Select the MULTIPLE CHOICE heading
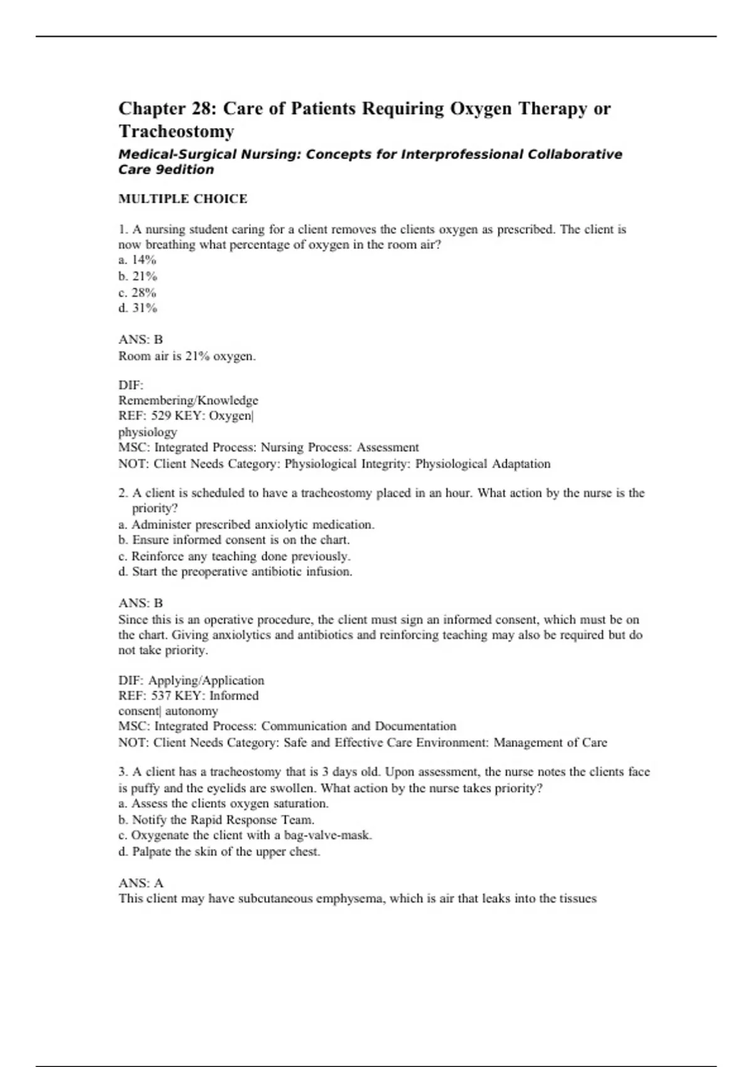[x=183, y=199]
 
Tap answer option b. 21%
[x=138, y=276]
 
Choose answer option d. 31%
[x=138, y=308]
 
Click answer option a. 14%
[x=137, y=260]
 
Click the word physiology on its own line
[x=147, y=432]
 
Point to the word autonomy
[x=191, y=711]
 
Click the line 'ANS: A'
[x=141, y=883]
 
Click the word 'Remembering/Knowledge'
[x=188, y=400]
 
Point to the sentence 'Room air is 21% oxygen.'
[x=187, y=357]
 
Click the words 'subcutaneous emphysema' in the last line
[x=311, y=899]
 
